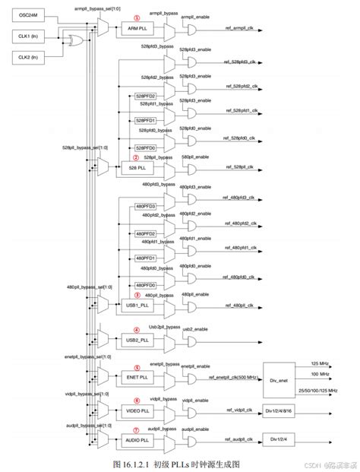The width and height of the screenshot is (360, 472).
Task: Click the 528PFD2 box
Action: [145, 97]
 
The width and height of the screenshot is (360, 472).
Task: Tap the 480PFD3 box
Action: [145, 206]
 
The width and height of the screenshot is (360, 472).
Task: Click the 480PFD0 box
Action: [145, 285]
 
